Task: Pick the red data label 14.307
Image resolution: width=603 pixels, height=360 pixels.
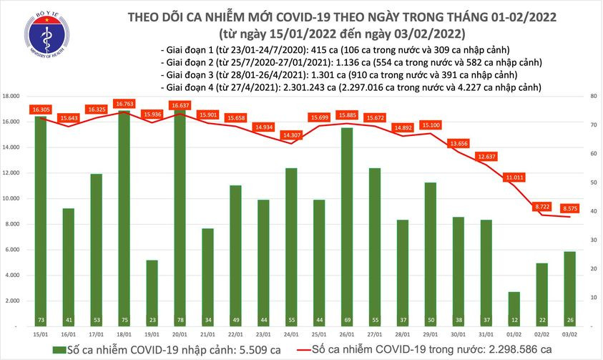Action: click(x=290, y=134)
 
